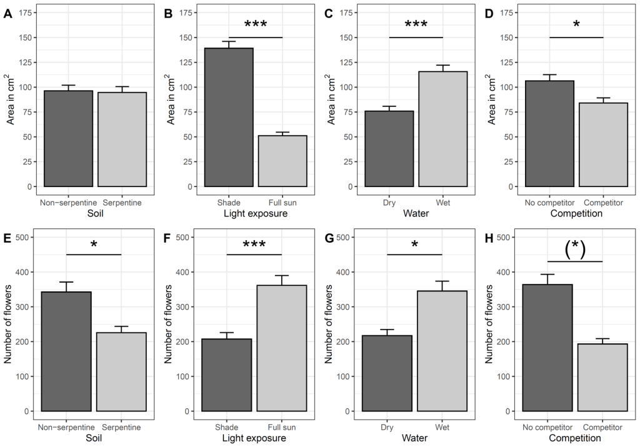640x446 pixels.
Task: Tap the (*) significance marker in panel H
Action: (x=575, y=249)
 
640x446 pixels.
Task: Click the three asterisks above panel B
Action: (x=256, y=26)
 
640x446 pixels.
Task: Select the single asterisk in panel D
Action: (x=576, y=26)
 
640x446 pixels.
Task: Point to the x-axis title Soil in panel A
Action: (x=94, y=214)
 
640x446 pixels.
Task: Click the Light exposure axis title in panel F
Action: (x=255, y=438)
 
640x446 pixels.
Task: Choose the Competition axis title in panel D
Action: (x=576, y=214)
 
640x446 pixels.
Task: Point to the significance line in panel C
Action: (x=416, y=38)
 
